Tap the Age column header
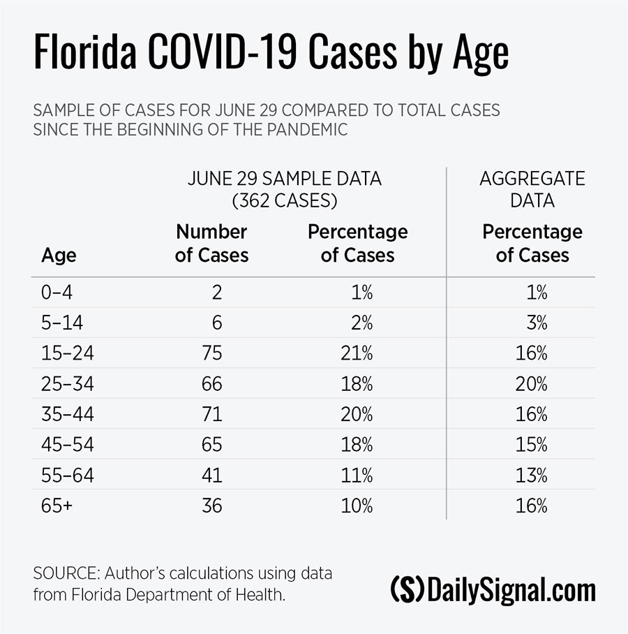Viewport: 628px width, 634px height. pos(59,256)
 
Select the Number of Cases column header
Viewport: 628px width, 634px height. pos(211,243)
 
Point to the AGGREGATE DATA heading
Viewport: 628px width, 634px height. pos(532,189)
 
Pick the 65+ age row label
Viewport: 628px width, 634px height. pos(57,506)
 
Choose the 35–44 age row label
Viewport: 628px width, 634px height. pos(68,414)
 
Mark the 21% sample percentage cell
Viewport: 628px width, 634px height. pos(357,353)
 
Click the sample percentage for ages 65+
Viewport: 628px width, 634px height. pos(357,506)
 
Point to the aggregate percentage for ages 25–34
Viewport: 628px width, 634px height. pos(532,384)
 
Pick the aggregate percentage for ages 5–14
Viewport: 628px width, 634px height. pos(537,323)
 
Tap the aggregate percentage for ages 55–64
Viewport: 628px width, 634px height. pos(532,475)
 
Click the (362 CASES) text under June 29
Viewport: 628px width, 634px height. pos(285,201)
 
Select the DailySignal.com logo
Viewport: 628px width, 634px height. pos(493,590)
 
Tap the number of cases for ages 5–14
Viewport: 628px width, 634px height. pos(217,323)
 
